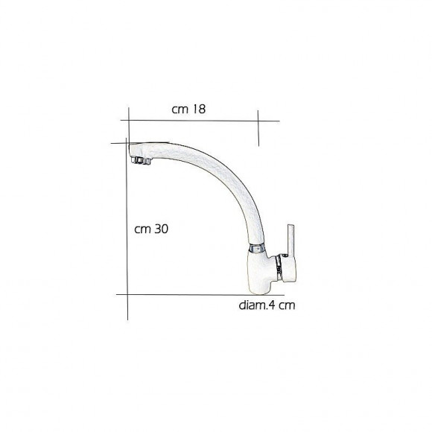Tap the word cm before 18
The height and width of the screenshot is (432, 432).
click(180, 110)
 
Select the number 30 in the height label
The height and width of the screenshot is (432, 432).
click(162, 229)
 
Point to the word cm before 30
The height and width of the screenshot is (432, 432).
click(143, 230)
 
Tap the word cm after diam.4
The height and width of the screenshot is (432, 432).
click(287, 306)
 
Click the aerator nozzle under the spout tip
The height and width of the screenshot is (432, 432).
click(141, 161)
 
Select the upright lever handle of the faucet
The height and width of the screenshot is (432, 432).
click(291, 239)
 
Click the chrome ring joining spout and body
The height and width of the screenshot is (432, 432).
click(257, 248)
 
